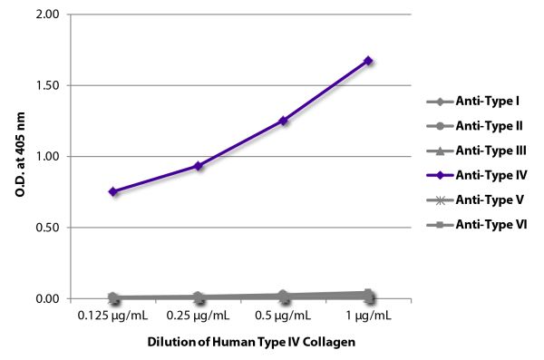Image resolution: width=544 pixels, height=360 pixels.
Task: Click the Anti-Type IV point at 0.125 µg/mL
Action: coord(113,191)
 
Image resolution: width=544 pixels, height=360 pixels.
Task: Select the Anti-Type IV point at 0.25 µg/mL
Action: coord(199,166)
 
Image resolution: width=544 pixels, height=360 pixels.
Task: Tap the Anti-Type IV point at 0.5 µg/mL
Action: coord(284,120)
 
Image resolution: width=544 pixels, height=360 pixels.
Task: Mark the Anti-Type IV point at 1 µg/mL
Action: coord(368,61)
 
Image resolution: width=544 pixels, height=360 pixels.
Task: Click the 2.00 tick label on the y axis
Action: coord(51,15)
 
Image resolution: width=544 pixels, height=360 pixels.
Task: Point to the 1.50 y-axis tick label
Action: coord(51,86)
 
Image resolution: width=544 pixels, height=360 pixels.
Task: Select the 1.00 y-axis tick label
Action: coord(51,157)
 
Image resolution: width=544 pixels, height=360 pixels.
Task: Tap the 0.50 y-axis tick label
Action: coord(51,228)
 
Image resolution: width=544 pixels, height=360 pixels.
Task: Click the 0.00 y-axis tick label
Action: coord(51,298)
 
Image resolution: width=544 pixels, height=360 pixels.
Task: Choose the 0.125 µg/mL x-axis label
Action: coord(113,316)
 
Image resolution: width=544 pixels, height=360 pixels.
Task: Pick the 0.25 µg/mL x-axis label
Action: coord(199,316)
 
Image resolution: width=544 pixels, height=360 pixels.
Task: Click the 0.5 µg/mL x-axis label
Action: coord(284,316)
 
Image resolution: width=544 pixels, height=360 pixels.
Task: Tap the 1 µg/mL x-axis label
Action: coord(368,316)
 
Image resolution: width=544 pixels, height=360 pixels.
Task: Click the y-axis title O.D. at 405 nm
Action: coord(20,157)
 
